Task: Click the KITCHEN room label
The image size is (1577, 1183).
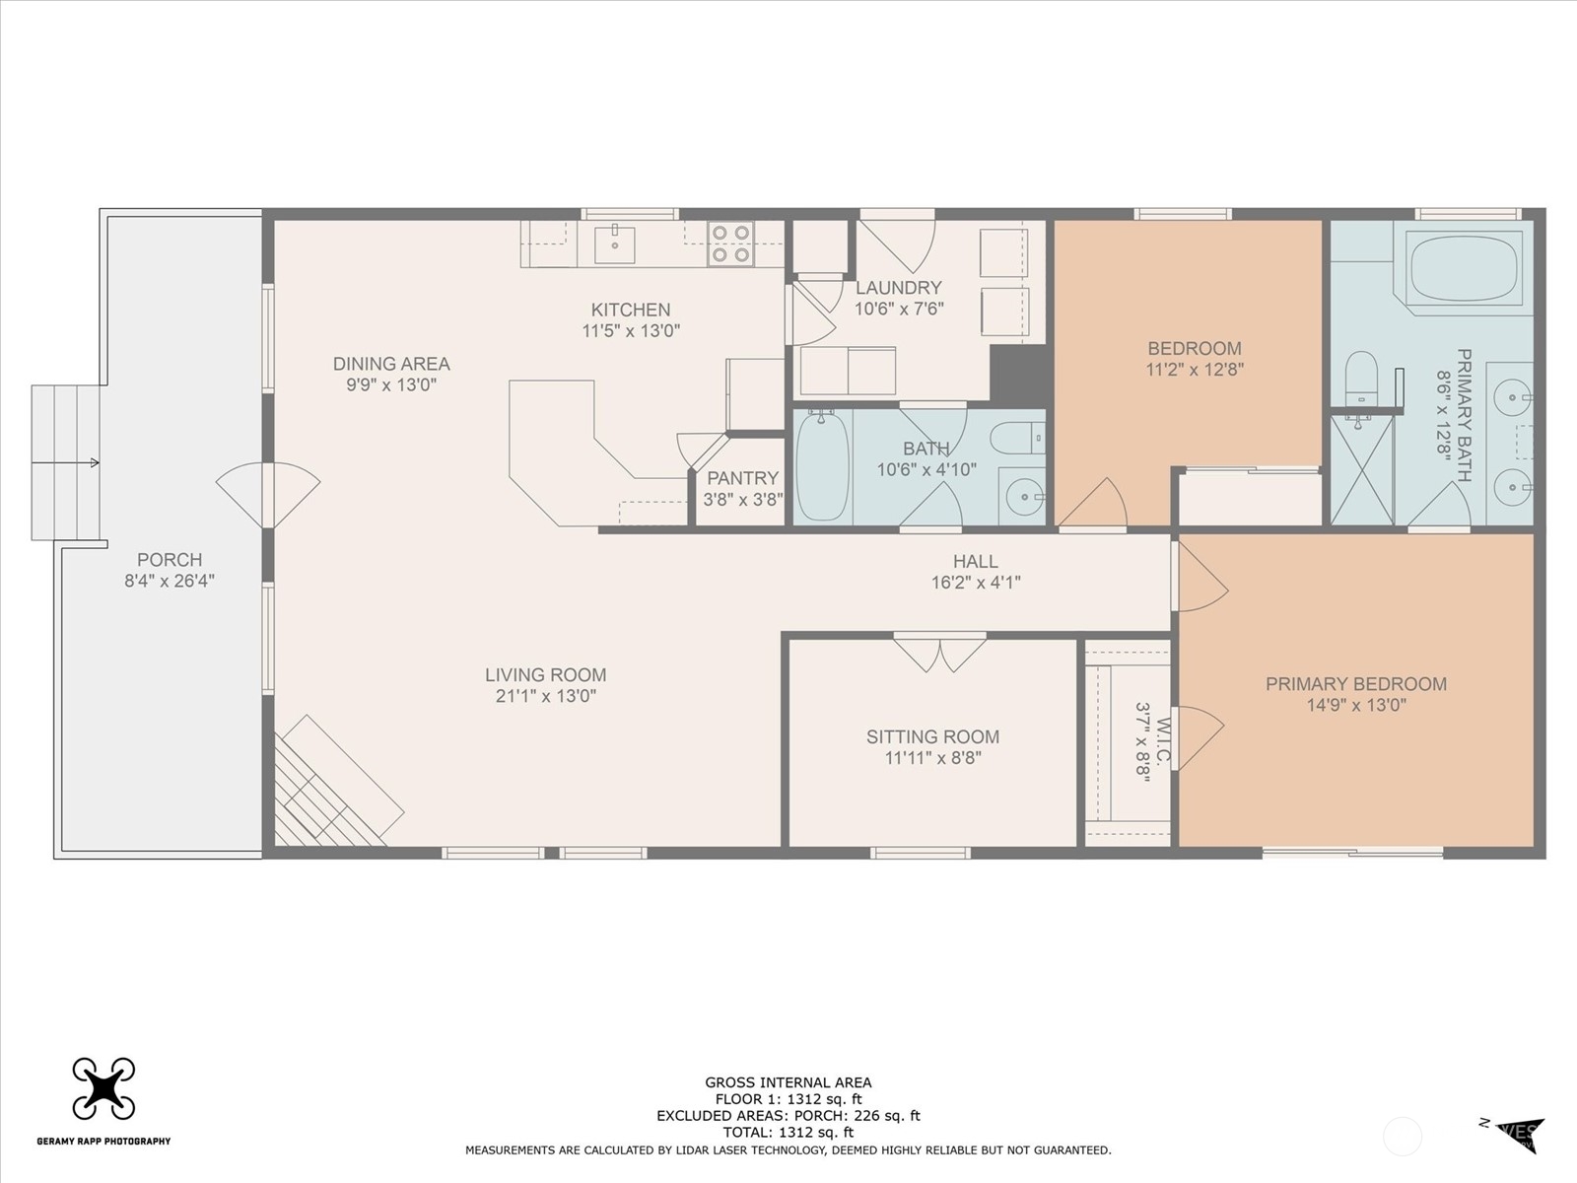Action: pos(630,310)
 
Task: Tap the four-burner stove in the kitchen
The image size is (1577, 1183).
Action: pos(730,244)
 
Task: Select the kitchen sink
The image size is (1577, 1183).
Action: pos(615,244)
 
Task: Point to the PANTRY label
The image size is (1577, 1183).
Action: pos(742,478)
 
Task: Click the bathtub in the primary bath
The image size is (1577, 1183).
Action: pos(1464,268)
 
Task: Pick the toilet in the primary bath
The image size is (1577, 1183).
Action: pos(1360,378)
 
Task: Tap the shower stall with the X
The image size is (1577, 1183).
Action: pos(1362,469)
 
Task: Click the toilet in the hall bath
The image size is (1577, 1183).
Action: pos(1016,438)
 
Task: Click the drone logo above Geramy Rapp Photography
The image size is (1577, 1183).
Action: pos(103,1088)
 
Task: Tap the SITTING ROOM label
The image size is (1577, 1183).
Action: pos(932,736)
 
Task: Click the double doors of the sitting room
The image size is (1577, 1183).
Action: pos(939,652)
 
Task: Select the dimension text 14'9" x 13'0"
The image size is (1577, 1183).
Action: pos(1355,705)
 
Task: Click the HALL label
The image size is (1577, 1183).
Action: pos(975,561)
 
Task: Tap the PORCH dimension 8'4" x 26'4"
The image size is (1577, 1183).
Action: pos(170,581)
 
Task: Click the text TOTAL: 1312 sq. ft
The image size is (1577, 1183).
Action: pos(788,1133)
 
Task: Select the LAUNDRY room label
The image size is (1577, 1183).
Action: pos(898,287)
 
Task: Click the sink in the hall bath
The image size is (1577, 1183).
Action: pos(1022,496)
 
